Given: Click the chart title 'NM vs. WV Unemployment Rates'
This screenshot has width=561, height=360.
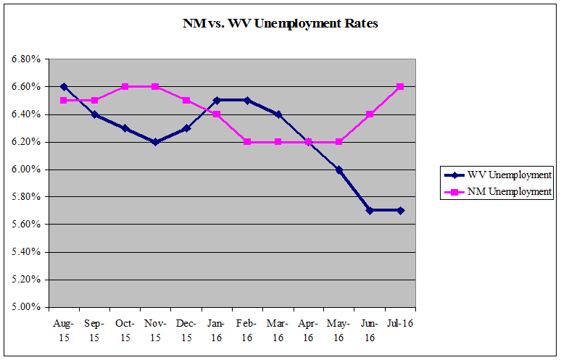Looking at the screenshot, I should pyautogui.click(x=280, y=23).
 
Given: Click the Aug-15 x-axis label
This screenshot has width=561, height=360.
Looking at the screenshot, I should pyautogui.click(x=64, y=327).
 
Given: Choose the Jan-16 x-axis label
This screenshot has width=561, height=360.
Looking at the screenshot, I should pyautogui.click(x=217, y=327).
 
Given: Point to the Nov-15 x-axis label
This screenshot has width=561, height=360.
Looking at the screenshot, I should pyautogui.click(x=156, y=327).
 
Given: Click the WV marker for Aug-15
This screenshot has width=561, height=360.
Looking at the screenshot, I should pyautogui.click(x=64, y=87).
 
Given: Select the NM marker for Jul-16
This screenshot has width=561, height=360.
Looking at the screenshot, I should pyautogui.click(x=400, y=87).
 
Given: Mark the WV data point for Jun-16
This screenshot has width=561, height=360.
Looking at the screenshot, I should pyautogui.click(x=370, y=211).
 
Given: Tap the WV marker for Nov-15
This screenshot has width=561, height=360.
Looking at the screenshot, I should pyautogui.click(x=156, y=142).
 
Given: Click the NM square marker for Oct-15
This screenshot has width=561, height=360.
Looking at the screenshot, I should pyautogui.click(x=125, y=87).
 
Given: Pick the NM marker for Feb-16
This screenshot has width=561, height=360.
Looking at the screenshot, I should pyautogui.click(x=247, y=142).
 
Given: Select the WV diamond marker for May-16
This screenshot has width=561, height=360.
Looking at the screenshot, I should pyautogui.click(x=339, y=169).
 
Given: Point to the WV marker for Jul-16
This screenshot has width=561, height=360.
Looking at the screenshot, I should pyautogui.click(x=400, y=211).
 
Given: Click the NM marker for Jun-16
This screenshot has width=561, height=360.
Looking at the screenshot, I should pyautogui.click(x=370, y=114).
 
